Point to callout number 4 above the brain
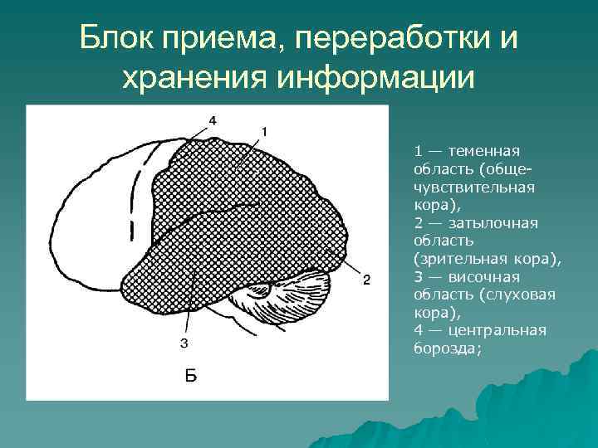[x=213, y=120]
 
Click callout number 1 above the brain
[x=264, y=131]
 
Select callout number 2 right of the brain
[x=366, y=278]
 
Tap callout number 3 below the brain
[x=184, y=343]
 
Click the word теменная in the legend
[x=483, y=151]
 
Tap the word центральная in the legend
[x=498, y=331]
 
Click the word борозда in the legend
[x=444, y=348]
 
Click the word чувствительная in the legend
[x=474, y=187]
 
